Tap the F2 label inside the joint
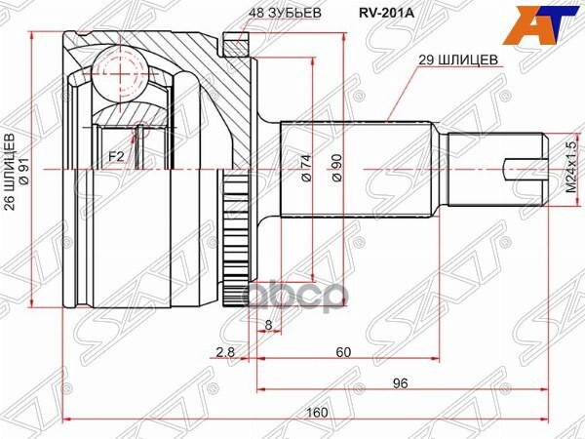(116, 155)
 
